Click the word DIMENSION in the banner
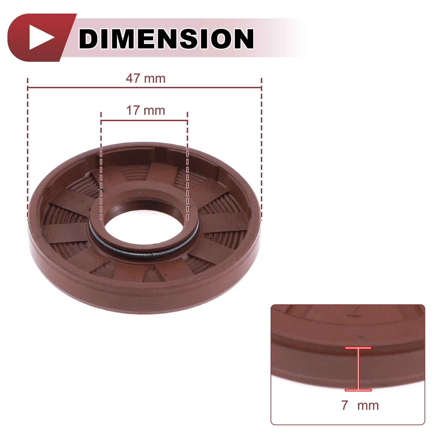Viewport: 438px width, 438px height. coord(166,38)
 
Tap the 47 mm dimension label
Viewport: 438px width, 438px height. coord(146,78)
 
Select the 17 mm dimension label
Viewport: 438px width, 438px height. coord(146,110)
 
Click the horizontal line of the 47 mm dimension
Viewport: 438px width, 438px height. coord(144,87)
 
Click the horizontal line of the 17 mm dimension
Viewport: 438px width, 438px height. coord(144,121)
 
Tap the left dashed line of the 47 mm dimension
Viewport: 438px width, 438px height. coord(28,149)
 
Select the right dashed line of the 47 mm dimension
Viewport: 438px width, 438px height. coord(261,149)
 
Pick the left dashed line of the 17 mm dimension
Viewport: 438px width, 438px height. coord(101,166)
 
